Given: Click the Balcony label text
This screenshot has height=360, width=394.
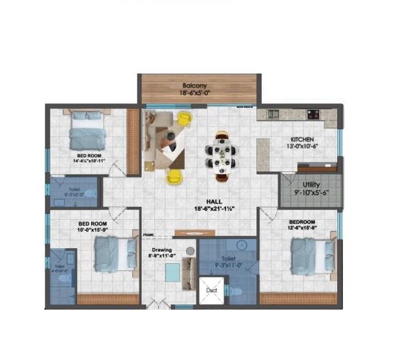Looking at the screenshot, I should [194, 85].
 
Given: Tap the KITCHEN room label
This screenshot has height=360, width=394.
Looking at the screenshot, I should [302, 140].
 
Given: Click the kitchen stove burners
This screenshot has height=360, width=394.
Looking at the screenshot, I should [313, 114].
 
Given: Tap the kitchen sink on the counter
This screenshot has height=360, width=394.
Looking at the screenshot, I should [273, 114].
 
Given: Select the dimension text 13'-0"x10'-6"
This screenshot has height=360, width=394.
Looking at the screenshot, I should [302, 146].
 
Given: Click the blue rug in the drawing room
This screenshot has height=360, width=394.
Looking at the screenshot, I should [172, 273].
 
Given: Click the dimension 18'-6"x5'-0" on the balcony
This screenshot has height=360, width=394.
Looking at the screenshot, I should [194, 93].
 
